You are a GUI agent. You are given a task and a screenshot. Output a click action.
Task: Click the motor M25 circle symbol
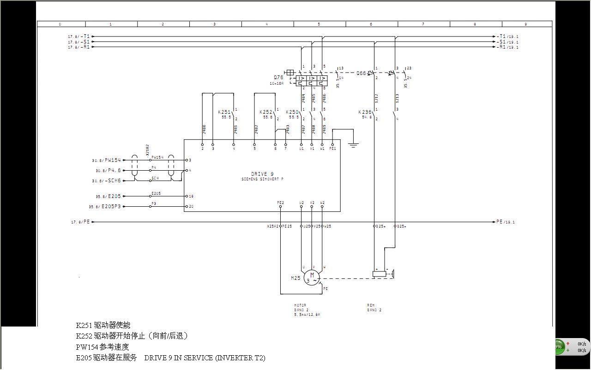312,278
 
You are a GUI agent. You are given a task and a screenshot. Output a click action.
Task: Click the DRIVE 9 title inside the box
262,174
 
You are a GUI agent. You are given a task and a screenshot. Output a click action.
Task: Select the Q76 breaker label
278,78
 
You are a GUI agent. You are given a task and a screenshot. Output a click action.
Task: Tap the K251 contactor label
224,112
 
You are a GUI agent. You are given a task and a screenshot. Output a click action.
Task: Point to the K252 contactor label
265,112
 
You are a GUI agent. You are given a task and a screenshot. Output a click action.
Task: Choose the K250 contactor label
292,112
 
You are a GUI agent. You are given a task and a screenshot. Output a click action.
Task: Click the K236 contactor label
365,112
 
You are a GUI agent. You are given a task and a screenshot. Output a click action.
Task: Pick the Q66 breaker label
362,73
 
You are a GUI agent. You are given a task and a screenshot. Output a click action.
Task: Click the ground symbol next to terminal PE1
353,145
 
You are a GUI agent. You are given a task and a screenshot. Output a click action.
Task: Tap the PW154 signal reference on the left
112,160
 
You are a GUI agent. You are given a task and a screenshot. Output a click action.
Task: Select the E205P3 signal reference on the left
111,207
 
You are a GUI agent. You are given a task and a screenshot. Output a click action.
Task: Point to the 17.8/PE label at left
80,222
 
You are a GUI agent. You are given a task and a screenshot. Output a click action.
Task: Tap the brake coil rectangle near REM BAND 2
379,274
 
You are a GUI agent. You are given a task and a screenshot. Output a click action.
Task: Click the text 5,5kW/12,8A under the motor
307,314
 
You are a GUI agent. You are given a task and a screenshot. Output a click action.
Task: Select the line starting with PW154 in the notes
103,347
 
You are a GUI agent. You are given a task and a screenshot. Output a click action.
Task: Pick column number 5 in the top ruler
319,24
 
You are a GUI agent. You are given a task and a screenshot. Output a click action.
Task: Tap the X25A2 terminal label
272,227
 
